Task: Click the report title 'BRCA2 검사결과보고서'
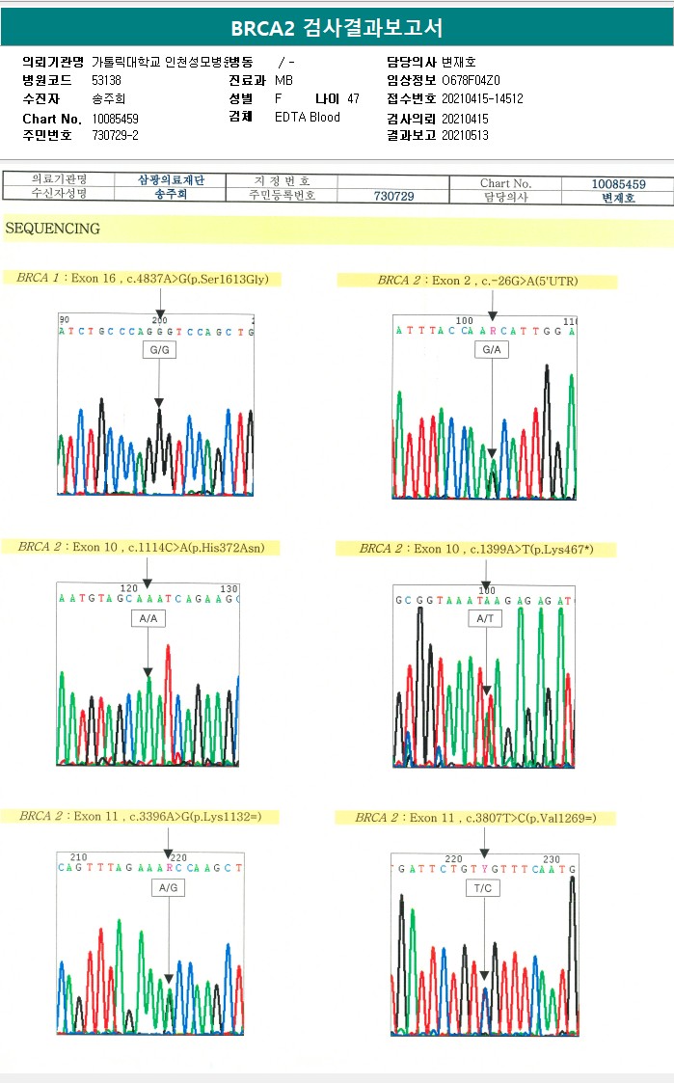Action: coord(337,28)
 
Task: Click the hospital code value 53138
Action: coord(106,80)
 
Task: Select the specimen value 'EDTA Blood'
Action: coord(307,118)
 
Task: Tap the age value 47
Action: coord(353,98)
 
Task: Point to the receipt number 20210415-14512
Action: coord(482,98)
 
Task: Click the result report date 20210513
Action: coord(465,136)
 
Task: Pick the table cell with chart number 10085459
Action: coord(617,183)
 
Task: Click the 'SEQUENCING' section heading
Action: coord(53,229)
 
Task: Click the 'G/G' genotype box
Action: coord(158,351)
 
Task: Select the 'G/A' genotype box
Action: coord(491,350)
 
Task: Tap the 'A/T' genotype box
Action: coord(485,618)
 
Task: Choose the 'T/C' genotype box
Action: coord(483,887)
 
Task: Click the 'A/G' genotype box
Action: coord(168,886)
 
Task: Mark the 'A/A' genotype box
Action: coord(148,617)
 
